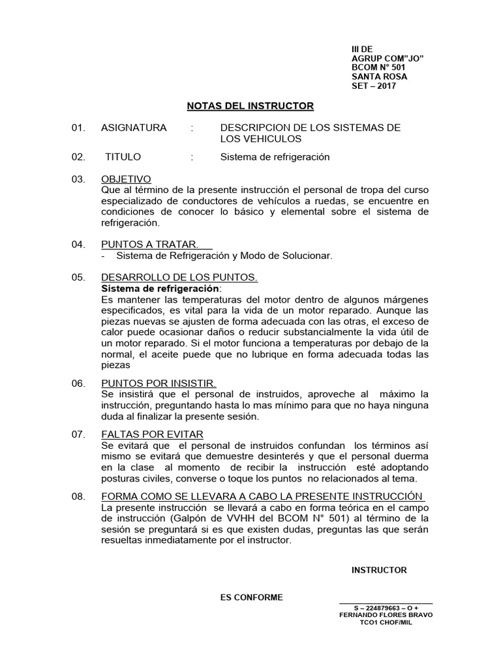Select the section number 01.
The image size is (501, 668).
[78, 127]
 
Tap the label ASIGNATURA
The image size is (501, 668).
[134, 127]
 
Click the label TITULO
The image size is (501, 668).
[123, 157]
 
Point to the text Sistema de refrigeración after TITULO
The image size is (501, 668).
[275, 157]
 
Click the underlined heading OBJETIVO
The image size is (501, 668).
[126, 179]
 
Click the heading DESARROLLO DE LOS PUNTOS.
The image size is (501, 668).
[179, 277]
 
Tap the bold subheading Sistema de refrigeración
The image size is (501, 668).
[161, 288]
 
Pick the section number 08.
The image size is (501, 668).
[78, 496]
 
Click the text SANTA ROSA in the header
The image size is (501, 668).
[378, 76]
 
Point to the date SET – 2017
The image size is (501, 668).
[373, 85]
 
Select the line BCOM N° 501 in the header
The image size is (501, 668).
[378, 67]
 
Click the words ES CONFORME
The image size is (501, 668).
[251, 597]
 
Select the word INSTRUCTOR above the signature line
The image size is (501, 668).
[379, 570]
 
